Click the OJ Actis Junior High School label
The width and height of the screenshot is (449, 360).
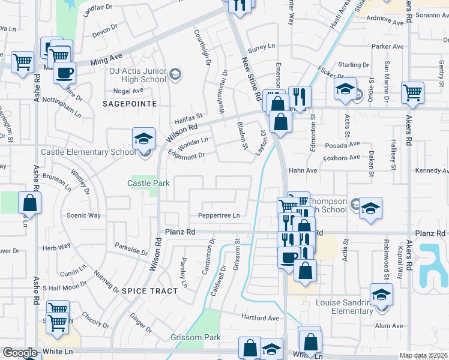tap(137, 75)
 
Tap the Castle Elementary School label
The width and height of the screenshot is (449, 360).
tap(88, 152)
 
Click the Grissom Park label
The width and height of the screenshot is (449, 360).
tap(195, 338)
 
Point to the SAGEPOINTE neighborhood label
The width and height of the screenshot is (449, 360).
tap(130, 104)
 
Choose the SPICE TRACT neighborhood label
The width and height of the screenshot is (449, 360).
tap(149, 291)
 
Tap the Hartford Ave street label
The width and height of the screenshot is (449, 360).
tap(261, 318)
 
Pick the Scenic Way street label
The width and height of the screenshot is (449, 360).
tap(83, 215)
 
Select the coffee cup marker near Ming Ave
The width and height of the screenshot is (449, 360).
tap(64, 73)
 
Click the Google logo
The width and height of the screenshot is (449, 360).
tap(20, 353)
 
